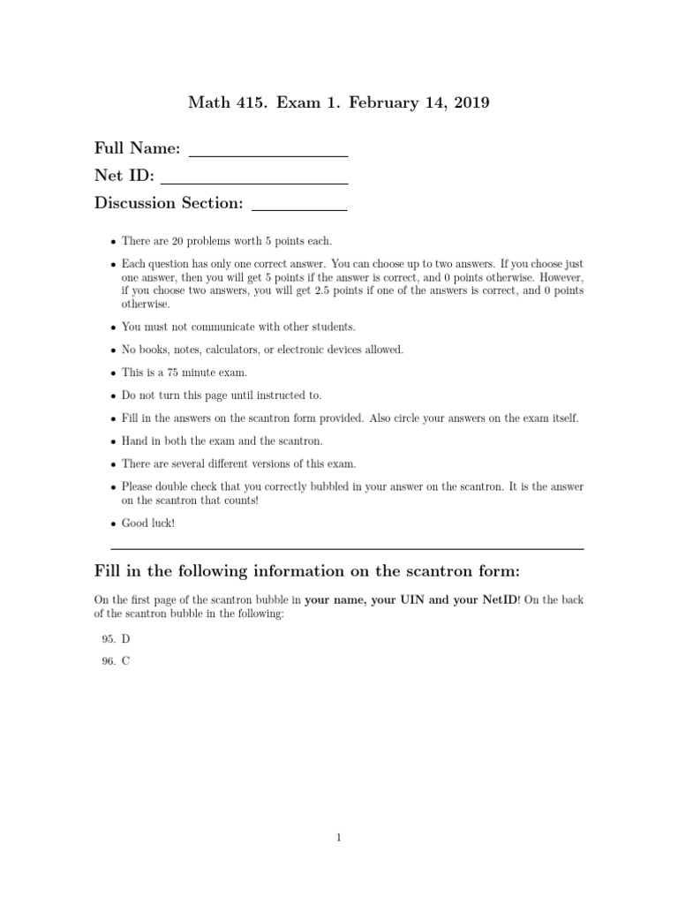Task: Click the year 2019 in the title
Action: (x=468, y=103)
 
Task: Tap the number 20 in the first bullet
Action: (x=176, y=241)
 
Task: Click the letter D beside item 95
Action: (x=126, y=637)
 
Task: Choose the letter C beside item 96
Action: (x=126, y=660)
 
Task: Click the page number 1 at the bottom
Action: (x=339, y=839)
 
